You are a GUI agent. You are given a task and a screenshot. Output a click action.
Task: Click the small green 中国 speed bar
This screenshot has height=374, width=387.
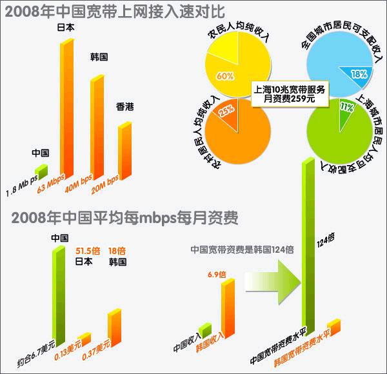click(x=41, y=172)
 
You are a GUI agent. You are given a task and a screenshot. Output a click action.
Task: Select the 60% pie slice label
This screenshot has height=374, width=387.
click(x=225, y=76)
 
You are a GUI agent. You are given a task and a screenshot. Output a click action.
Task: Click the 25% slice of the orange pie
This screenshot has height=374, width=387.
click(x=226, y=110)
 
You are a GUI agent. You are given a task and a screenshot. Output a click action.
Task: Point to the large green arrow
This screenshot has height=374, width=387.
click(x=272, y=283)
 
